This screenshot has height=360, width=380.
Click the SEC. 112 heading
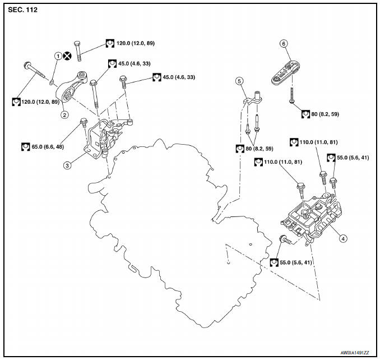23,10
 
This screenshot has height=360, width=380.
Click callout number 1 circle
58,56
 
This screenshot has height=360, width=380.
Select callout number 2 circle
64,114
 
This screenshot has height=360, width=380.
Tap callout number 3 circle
67,165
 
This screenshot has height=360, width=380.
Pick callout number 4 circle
343,238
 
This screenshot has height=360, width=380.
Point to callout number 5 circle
239,81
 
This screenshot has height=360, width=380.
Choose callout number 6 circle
284,44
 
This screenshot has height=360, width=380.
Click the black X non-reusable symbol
67,56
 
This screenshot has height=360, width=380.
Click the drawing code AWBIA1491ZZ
355,353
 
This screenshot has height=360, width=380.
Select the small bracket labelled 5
253,99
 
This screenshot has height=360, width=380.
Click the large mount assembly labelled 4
312,218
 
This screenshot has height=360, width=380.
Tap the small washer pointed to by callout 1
52,83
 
